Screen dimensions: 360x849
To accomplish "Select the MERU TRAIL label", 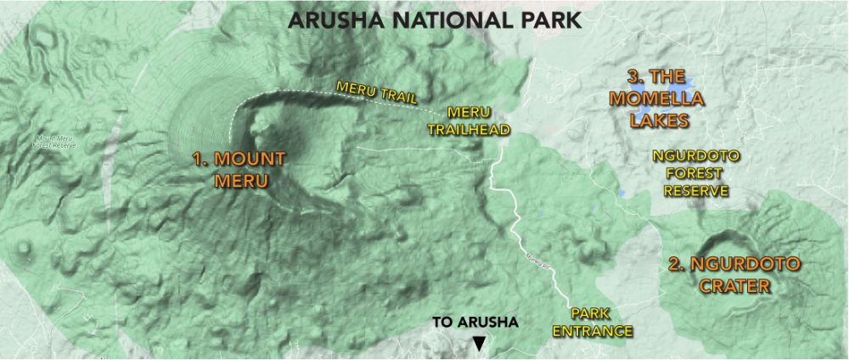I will [x=376, y=93].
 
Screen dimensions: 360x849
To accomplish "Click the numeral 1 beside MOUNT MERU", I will [x=198, y=160].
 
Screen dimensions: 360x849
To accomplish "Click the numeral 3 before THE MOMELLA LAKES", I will [x=633, y=76].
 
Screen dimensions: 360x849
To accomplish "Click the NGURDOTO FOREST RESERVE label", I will [x=695, y=173].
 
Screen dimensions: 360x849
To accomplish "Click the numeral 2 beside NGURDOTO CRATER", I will [x=675, y=264].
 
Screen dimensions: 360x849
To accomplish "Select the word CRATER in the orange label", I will [x=734, y=286].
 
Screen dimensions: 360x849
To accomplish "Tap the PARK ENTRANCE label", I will [x=593, y=322].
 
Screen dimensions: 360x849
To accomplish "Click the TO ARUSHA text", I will [x=475, y=323].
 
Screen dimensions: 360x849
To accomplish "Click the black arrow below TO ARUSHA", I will [x=480, y=343].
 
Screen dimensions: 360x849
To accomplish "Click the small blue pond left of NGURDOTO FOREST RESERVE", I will [x=621, y=193].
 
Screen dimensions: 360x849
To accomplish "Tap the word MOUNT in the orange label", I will [x=247, y=160].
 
